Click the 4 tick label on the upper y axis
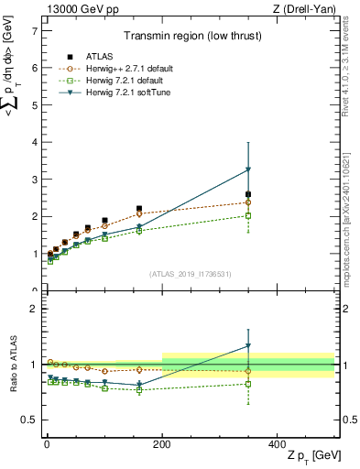[x=33, y=142]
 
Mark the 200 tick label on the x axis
[x=162, y=444]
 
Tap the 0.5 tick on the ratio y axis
[x=29, y=420]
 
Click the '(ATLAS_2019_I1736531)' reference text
[x=191, y=273]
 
